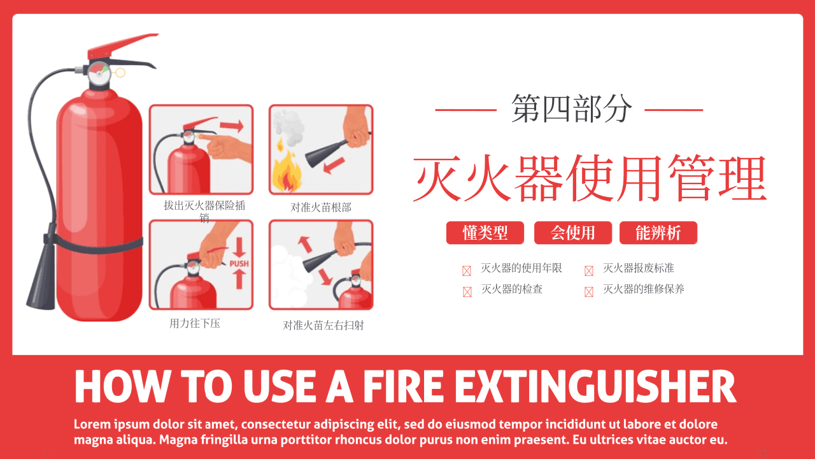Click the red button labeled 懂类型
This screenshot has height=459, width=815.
click(485, 233)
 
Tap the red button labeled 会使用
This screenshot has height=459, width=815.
click(572, 233)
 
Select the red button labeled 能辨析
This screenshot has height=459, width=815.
click(658, 233)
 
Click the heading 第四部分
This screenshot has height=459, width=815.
click(572, 108)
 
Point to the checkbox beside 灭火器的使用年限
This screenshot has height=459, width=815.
click(467, 271)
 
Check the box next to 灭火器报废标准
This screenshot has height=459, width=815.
click(589, 271)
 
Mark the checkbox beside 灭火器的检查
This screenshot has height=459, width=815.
click(467, 292)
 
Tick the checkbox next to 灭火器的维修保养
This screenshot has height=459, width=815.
click(589, 292)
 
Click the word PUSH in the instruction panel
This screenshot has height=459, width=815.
click(239, 263)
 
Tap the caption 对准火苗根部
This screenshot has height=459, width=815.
click(321, 207)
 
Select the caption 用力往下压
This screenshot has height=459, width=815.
click(195, 323)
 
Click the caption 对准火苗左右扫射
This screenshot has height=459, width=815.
click(323, 325)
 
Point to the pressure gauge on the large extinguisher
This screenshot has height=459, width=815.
click(99, 73)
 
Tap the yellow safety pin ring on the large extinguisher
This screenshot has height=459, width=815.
click(119, 73)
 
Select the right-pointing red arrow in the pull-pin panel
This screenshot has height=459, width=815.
click(232, 126)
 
